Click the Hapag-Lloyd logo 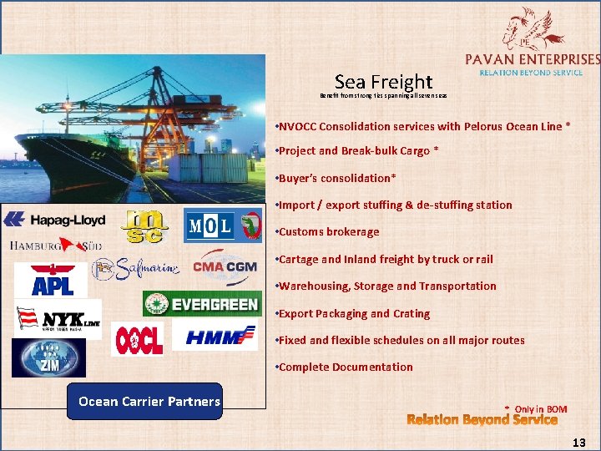55,220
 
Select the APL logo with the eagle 53,279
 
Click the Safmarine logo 138,268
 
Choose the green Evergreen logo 201,303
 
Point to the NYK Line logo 58,318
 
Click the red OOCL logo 139,340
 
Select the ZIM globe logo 48,357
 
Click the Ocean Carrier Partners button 149,401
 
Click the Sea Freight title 383,82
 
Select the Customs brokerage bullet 329,232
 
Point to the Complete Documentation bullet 346,367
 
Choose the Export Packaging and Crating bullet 354,313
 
